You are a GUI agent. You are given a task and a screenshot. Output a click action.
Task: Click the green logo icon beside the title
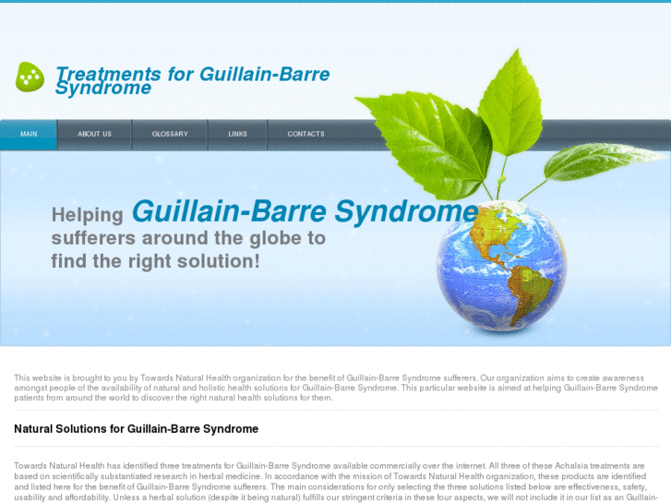30,77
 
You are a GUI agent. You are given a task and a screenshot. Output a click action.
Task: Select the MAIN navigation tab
29,134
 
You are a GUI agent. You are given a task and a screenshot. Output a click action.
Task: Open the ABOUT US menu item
94,134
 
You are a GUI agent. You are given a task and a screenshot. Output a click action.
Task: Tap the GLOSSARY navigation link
170,134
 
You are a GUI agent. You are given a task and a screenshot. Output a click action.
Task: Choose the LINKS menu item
238,134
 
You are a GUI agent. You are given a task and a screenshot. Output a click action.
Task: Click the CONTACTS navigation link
306,134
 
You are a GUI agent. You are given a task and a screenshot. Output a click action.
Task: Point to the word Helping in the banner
88,215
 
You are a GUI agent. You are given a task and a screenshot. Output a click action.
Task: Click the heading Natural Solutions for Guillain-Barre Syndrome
136,429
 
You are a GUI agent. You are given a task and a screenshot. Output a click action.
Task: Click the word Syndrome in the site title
102,90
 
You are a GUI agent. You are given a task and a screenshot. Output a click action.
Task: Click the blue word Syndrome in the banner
406,212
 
